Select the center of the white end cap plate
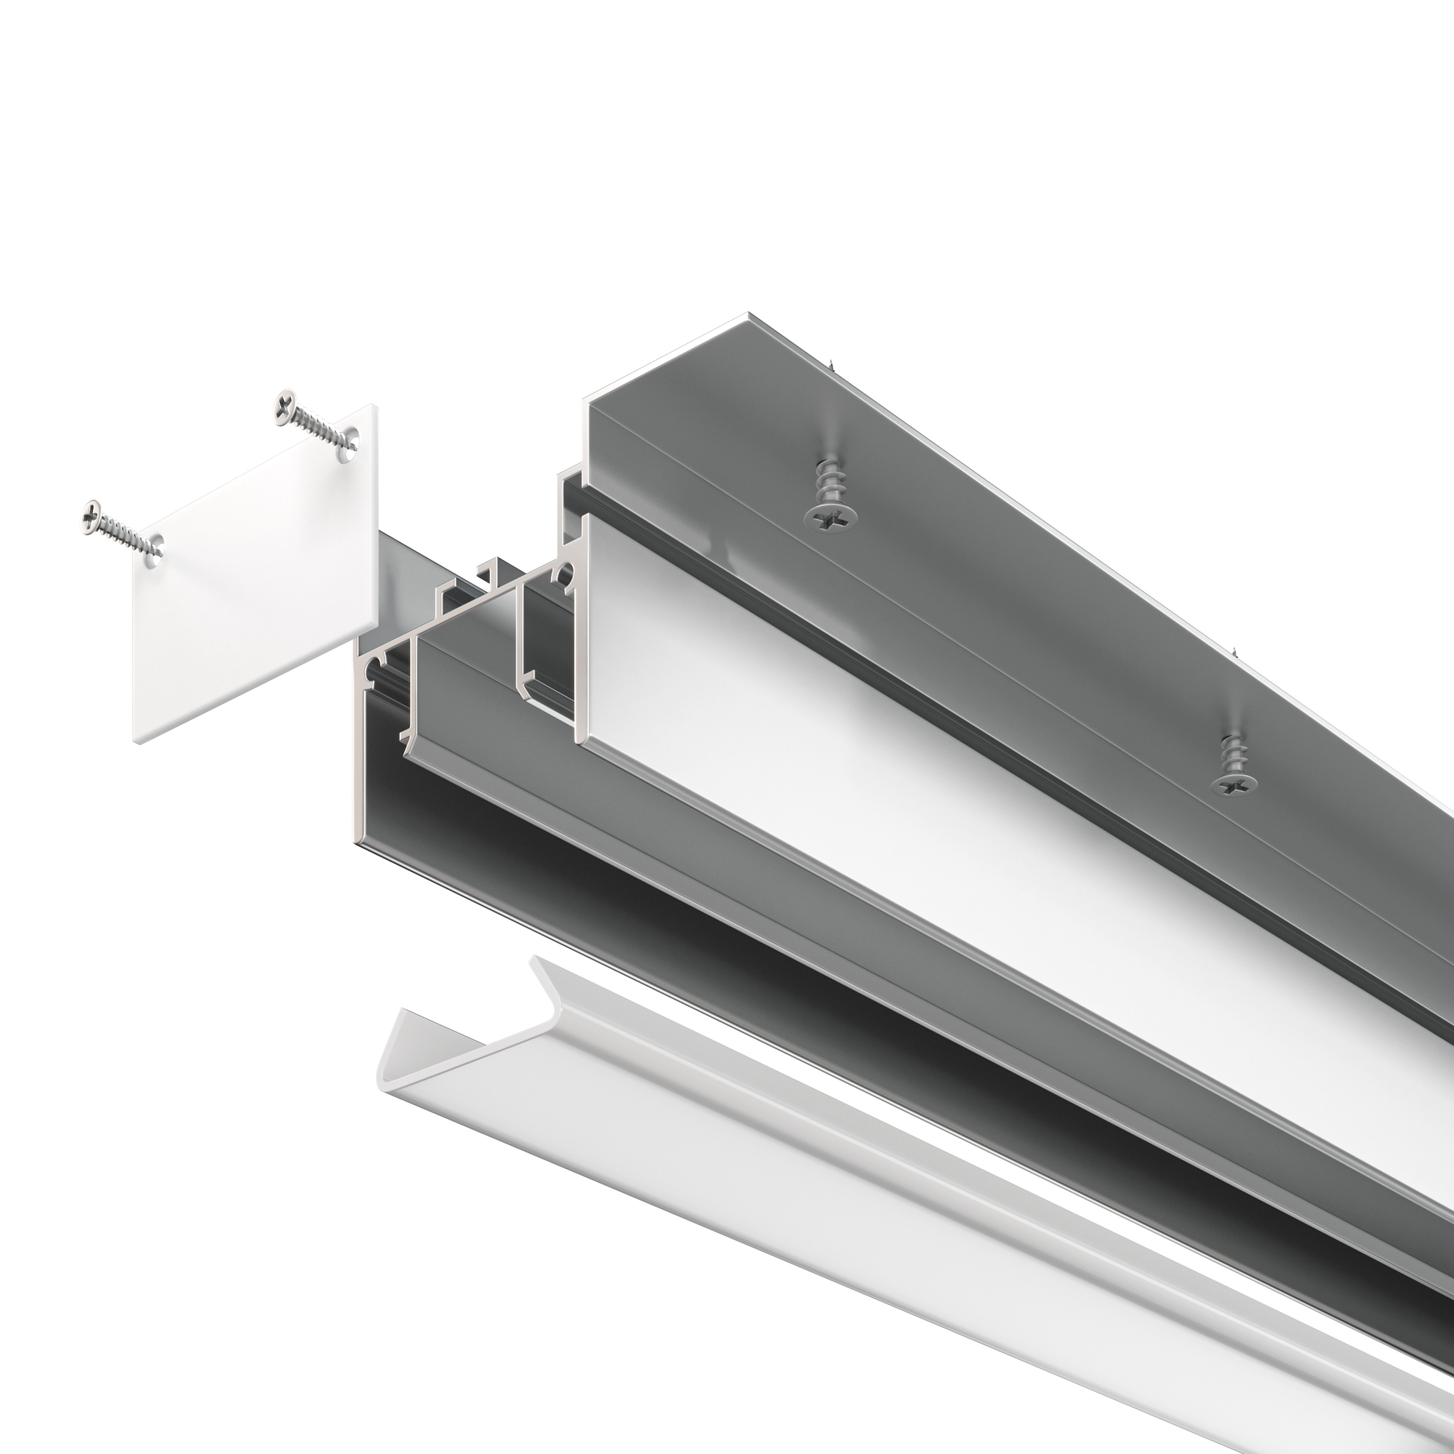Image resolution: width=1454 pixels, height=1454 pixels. coord(256,572)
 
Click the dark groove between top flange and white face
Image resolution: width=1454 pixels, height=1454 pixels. coord(903,662)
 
